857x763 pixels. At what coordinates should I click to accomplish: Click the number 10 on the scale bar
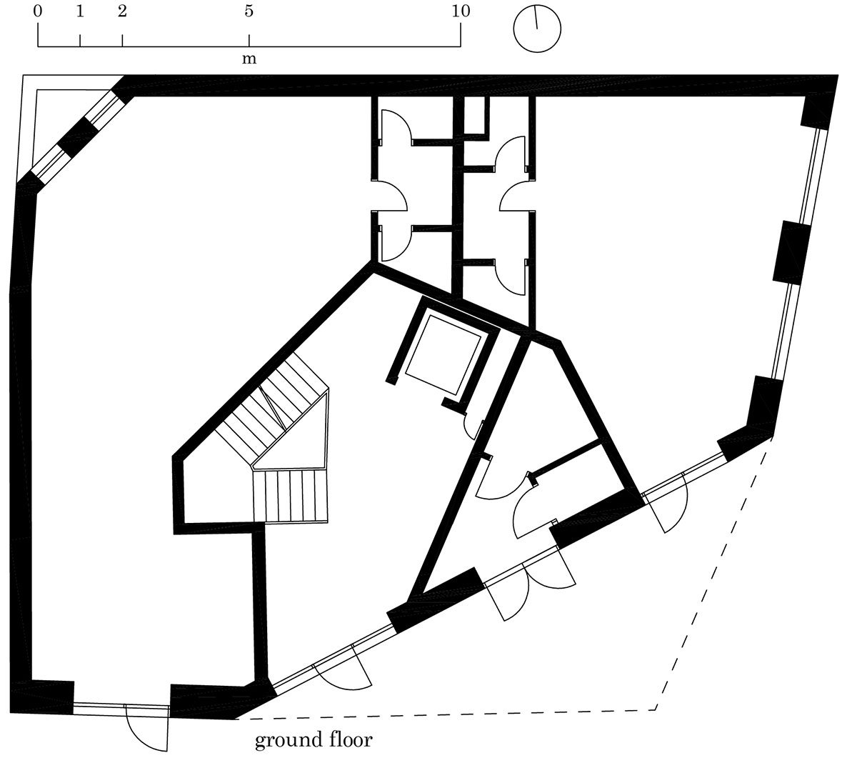pos(460,11)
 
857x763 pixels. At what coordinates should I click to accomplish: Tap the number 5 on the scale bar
pos(249,11)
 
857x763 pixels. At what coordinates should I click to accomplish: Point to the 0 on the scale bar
pos(38,11)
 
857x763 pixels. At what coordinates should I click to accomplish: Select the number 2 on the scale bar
pos(122,11)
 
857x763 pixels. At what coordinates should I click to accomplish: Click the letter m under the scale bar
pos(249,58)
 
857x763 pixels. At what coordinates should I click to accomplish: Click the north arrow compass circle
pos(537,29)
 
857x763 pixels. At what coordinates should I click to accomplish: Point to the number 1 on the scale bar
pos(80,11)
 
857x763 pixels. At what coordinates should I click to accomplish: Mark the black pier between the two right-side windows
pos(791,253)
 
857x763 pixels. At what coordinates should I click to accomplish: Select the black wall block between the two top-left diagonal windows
pos(77,136)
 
